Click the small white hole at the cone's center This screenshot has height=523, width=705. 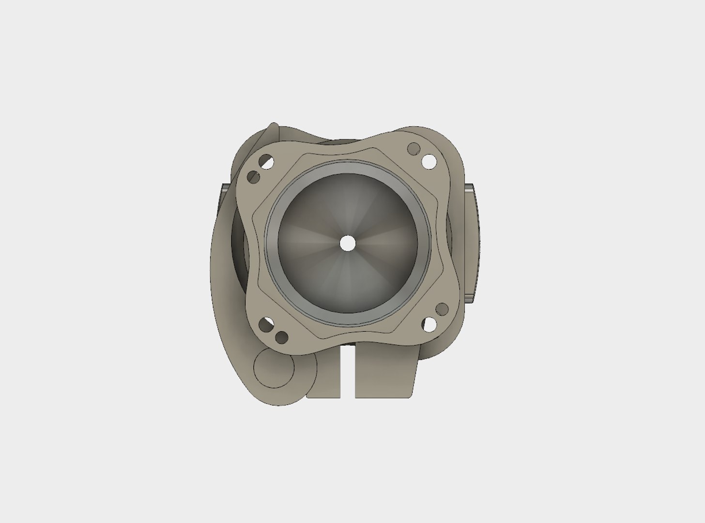[347, 243]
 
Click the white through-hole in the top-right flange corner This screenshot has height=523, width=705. [429, 161]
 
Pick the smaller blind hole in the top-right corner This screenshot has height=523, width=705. [413, 148]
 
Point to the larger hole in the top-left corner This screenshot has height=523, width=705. [265, 161]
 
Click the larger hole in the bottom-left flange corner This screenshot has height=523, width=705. [265, 324]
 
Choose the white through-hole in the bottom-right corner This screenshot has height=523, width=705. [428, 324]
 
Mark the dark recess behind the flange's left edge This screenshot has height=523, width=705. [241, 242]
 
